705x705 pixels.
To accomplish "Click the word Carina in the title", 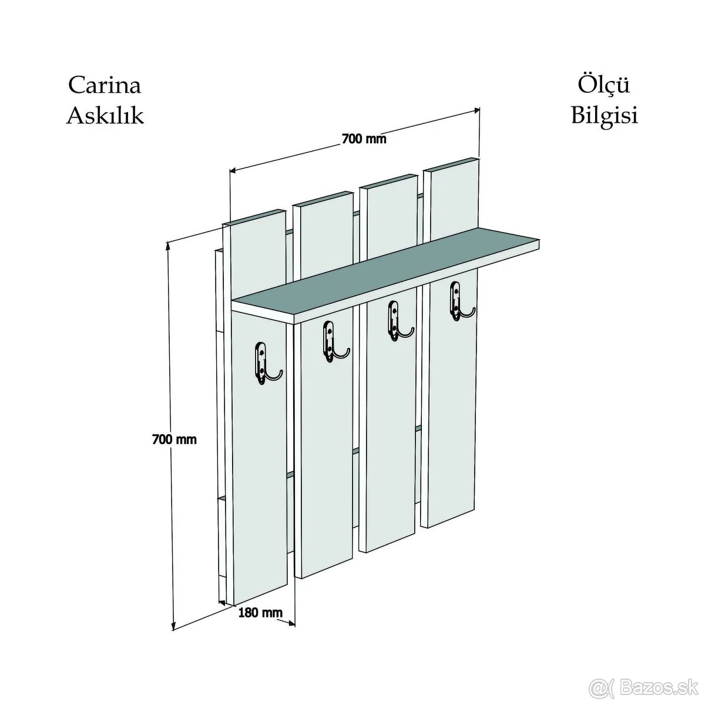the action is pos(105,85).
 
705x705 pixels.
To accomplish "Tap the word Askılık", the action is pos(105,116).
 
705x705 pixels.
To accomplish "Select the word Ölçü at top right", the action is pos(604,85).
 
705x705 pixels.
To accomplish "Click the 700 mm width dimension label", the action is pos(364,139).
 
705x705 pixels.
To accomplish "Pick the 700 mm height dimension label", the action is pos(174,439).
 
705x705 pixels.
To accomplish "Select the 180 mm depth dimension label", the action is pos(260,612).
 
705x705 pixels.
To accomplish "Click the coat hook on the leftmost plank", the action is pos(267,363).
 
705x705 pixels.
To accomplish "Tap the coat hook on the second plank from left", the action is pos(335,342).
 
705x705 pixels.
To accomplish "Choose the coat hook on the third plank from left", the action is pos(399,321).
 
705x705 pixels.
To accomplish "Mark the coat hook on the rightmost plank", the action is pos(461,301).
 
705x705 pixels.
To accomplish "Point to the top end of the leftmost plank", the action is pos(254,217).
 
